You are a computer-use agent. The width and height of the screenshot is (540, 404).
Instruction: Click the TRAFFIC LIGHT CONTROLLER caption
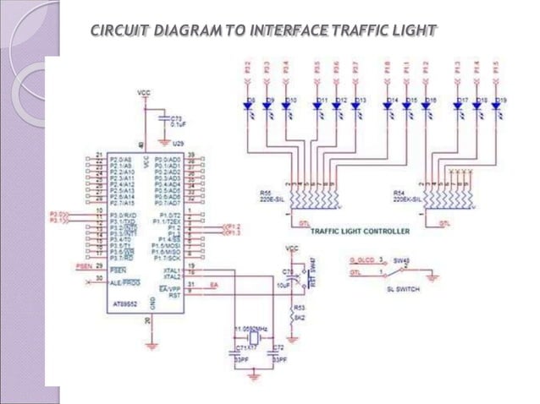click(361, 231)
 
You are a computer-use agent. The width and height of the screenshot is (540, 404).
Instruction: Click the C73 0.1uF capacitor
click(174, 120)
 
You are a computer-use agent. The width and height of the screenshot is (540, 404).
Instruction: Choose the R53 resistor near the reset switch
click(298, 308)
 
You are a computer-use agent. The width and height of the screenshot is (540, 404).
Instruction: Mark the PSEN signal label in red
click(83, 265)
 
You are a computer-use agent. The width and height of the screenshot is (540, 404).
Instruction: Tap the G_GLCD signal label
click(362, 261)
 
